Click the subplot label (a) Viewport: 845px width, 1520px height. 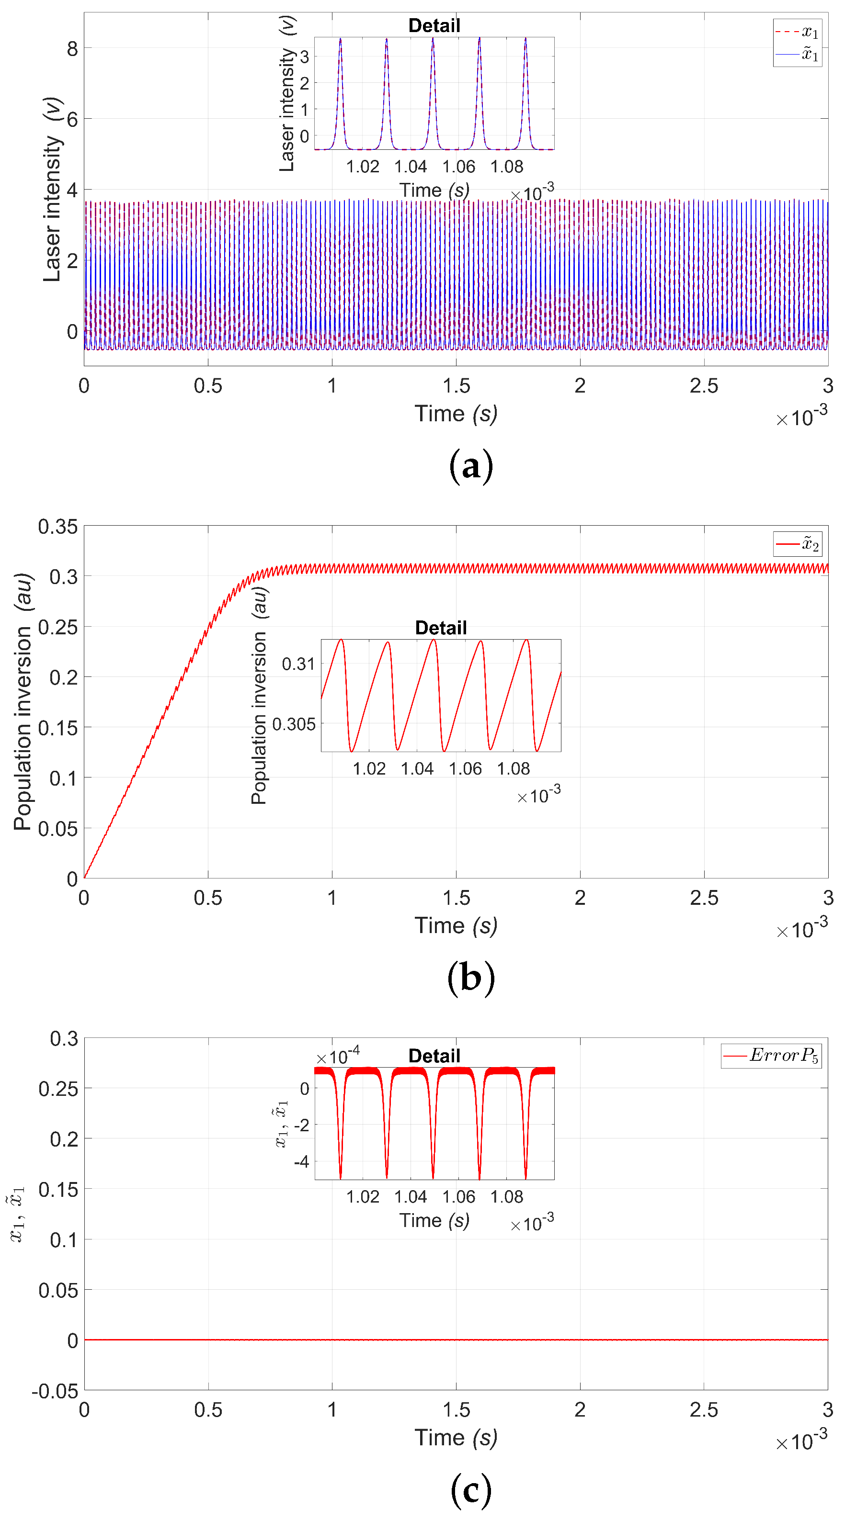point(470,466)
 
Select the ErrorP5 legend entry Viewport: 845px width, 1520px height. point(771,1055)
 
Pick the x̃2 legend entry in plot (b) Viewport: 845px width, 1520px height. point(798,543)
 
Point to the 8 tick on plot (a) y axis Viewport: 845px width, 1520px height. point(72,48)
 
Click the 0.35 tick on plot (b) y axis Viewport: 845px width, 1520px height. point(57,526)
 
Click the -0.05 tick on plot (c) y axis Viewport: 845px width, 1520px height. point(55,1391)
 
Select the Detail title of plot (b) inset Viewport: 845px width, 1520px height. point(441,627)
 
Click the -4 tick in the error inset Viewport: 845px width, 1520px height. point(301,1162)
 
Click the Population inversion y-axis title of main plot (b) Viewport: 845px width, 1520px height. point(23,702)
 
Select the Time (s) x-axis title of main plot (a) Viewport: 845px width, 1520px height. point(455,414)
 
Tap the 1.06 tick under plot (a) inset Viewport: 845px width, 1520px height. point(458,167)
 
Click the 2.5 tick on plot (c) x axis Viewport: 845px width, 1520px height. point(704,1410)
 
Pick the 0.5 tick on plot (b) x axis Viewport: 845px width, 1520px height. point(208,898)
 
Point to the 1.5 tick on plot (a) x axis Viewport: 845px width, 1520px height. point(456,386)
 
